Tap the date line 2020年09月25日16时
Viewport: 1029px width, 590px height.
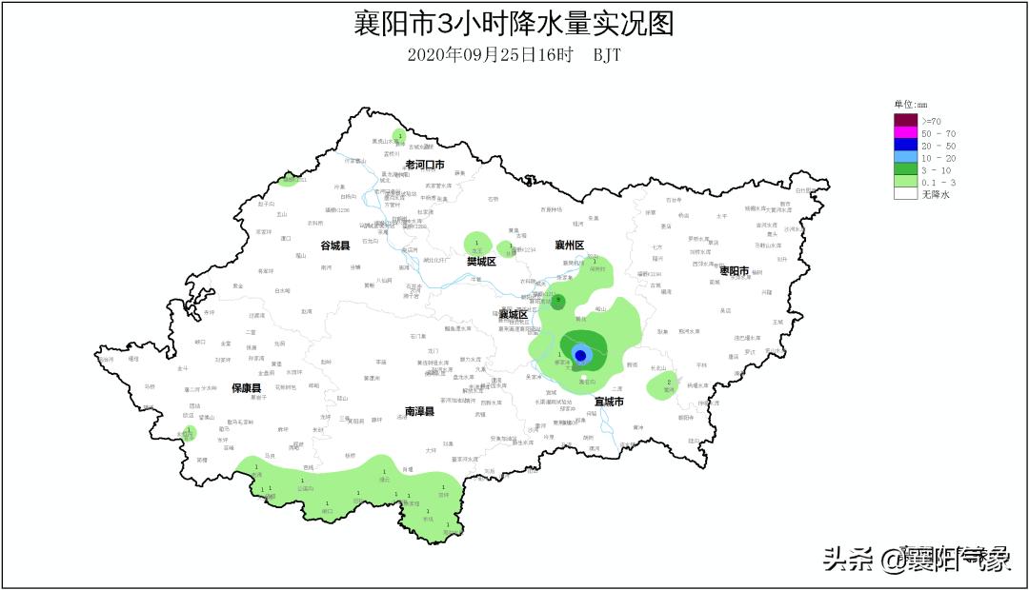pos(490,54)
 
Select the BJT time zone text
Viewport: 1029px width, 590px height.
pos(607,54)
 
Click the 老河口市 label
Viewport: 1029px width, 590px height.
pos(425,165)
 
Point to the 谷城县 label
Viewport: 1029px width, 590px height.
pos(334,246)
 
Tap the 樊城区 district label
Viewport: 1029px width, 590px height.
pos(481,261)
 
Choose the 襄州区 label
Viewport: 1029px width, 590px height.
pos(569,246)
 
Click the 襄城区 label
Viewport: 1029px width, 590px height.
pos(513,314)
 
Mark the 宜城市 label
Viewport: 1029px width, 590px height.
pos(610,402)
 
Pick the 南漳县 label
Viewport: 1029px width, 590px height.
pos(419,411)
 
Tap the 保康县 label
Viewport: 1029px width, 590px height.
pos(247,388)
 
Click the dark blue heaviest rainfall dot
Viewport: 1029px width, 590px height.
pos(580,355)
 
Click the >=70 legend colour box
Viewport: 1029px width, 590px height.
pos(905,120)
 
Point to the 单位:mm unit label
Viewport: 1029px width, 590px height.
pos(910,104)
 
